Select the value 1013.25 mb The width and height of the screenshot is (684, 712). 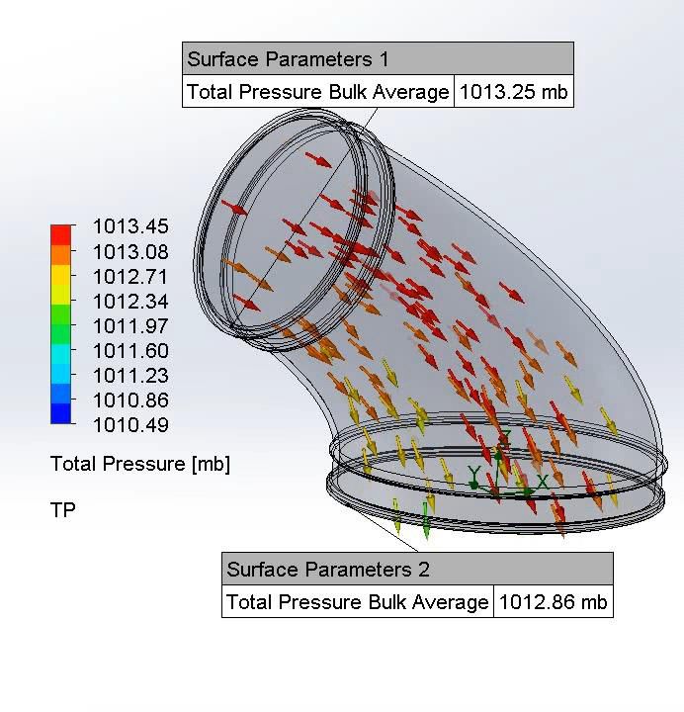point(513,93)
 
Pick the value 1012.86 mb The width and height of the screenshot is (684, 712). point(553,602)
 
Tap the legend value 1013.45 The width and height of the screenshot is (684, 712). point(130,227)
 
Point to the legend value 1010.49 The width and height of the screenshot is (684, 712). point(130,426)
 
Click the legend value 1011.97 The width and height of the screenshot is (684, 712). point(130,326)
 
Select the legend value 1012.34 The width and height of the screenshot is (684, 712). point(130,302)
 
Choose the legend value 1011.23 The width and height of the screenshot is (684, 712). point(130,376)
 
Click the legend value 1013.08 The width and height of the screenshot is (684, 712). point(130,252)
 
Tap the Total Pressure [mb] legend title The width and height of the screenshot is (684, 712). point(139,464)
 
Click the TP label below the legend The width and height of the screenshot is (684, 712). point(62,510)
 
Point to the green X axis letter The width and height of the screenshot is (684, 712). point(543,483)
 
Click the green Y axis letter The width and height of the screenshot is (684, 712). point(474,474)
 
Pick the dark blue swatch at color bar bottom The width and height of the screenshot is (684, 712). point(61,413)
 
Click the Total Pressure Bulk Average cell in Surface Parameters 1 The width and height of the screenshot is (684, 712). point(318,93)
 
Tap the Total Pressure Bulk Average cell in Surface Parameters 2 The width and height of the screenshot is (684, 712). point(358,602)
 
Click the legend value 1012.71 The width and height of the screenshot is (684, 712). point(130,277)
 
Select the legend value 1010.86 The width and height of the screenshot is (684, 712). point(130,400)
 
